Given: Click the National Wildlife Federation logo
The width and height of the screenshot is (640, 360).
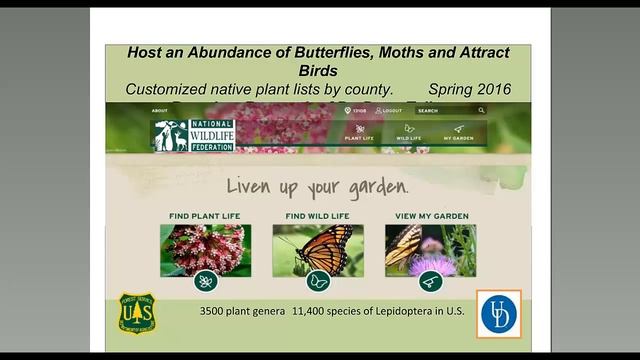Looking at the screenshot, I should coord(192,135).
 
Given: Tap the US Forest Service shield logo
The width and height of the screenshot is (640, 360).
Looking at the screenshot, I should coord(137,313).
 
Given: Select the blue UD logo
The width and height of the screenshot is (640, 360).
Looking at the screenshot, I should coord(498,314).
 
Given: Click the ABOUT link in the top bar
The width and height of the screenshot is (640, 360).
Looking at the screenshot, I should coord(160,110).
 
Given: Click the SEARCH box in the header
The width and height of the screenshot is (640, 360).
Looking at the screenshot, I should coord(451,110).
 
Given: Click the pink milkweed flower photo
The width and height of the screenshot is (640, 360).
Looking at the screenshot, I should coord(205,250).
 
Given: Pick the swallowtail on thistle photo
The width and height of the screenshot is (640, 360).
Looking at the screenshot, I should coord(430,250).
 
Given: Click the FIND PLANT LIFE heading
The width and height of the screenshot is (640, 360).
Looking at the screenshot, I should coord(205,216).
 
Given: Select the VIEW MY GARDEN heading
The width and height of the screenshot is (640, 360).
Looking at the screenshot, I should coord(430,216).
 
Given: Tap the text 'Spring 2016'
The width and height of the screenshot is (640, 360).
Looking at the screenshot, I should coord(469,89).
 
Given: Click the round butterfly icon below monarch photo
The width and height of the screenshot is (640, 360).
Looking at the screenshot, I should coord(318,281).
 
